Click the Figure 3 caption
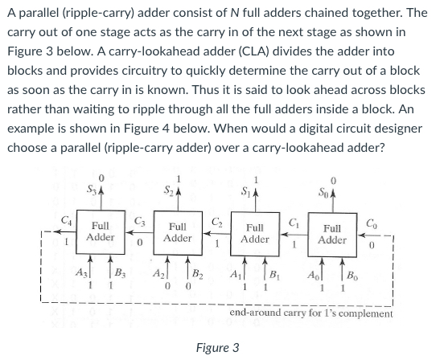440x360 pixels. [217, 348]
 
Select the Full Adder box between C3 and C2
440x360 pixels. [177, 232]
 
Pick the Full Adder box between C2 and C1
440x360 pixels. [254, 232]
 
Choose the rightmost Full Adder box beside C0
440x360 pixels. [332, 232]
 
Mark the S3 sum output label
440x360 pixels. [95, 189]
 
